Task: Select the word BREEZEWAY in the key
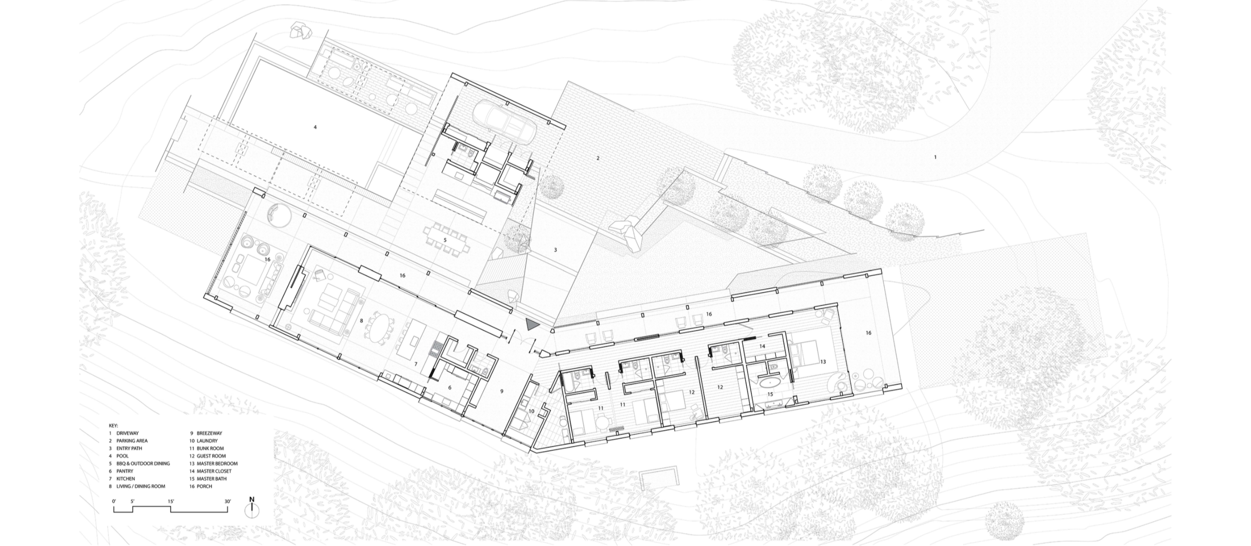[209, 433]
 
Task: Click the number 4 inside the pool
[315, 127]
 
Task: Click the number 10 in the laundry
[531, 411]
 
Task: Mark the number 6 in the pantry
[450, 387]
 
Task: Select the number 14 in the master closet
[762, 346]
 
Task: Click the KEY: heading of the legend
[114, 425]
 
